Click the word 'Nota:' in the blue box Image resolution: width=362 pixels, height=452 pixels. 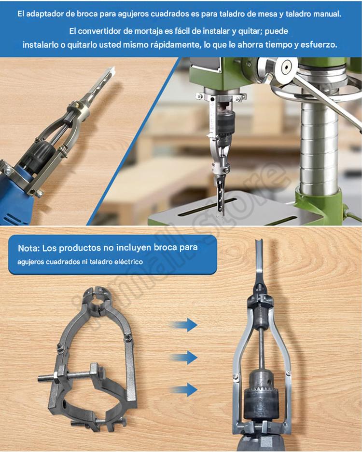pos(28,248)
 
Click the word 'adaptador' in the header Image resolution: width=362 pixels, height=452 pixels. pos(44,14)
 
